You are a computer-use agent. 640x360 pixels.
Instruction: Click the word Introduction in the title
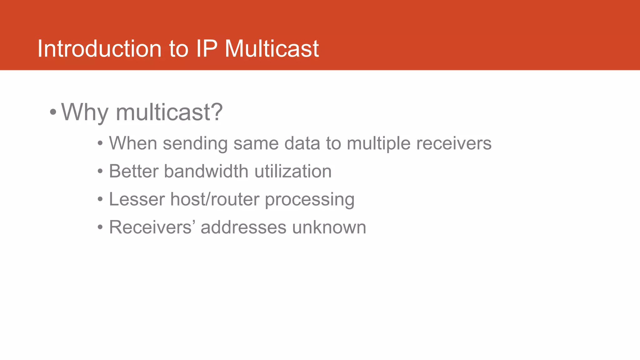(x=99, y=49)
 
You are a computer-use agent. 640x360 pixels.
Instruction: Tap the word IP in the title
(x=207, y=49)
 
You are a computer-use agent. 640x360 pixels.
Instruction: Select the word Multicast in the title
(x=272, y=49)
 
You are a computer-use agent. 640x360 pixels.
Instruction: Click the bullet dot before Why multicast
(x=53, y=112)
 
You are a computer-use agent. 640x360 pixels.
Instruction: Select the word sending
(x=195, y=144)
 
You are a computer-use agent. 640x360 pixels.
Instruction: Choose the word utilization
(x=293, y=171)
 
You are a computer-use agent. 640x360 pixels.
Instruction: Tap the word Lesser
(x=137, y=199)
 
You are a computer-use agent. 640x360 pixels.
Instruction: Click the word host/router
(x=215, y=199)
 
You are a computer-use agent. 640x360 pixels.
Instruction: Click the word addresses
(x=243, y=227)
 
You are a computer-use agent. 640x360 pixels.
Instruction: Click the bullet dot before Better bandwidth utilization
(x=100, y=172)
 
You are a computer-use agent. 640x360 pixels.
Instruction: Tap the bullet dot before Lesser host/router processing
(x=100, y=199)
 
